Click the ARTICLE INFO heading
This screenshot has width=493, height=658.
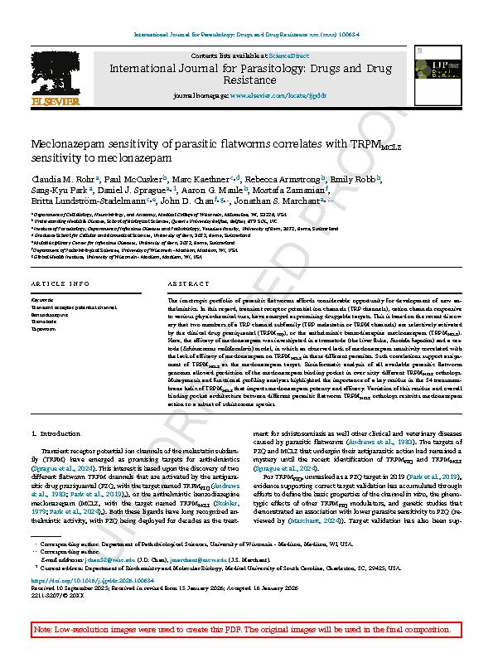(x=60, y=283)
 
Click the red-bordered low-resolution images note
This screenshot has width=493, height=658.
(x=246, y=631)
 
